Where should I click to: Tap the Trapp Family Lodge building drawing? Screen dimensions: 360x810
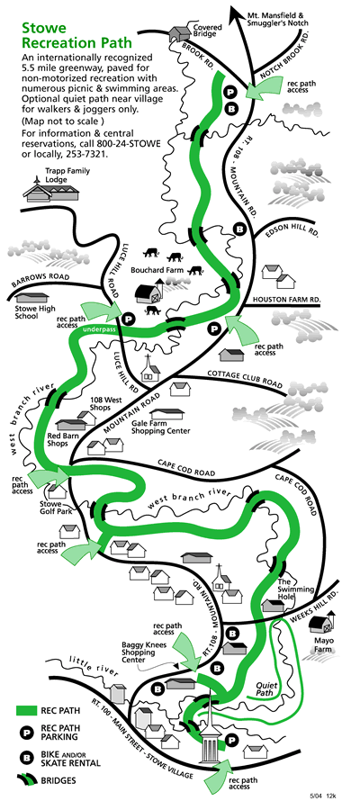point(51,190)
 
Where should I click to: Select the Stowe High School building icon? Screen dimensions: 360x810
point(32,298)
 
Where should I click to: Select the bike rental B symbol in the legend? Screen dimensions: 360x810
point(23,759)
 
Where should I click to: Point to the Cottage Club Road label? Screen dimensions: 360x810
point(245,379)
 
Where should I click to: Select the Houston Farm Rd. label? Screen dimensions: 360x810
point(286,299)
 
